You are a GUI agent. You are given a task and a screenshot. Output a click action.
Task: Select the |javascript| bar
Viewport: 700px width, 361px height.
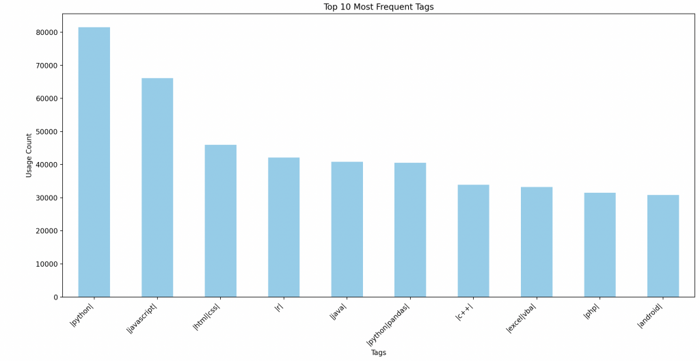(157, 187)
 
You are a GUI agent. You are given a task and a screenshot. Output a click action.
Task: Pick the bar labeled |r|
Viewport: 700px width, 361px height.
(284, 227)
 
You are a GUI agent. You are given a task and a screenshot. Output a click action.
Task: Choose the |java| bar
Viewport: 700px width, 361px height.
(347, 229)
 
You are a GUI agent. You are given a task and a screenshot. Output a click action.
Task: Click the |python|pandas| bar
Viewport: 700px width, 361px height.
(410, 230)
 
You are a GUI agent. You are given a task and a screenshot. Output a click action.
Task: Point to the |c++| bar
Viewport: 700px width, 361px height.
(473, 241)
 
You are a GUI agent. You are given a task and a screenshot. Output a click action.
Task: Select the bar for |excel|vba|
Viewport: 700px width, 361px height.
(537, 242)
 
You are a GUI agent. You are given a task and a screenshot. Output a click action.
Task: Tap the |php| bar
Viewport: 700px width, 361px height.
(600, 245)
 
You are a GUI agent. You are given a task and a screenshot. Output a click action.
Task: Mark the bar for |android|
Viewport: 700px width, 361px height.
(663, 246)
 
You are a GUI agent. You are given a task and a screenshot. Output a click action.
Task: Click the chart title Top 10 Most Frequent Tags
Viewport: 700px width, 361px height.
(378, 7)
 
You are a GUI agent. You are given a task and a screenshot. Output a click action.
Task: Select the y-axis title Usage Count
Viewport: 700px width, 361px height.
(29, 155)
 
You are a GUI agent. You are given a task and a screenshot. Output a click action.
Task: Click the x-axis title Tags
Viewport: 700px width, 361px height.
(378, 353)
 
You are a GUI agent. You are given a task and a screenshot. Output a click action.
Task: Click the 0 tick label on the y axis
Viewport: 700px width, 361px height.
(55, 297)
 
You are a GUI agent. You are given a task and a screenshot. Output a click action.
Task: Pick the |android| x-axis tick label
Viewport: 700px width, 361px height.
(651, 315)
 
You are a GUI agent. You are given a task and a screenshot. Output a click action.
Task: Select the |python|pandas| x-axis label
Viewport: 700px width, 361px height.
(390, 323)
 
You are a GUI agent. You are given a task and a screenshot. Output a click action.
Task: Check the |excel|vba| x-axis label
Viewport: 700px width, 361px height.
(522, 317)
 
